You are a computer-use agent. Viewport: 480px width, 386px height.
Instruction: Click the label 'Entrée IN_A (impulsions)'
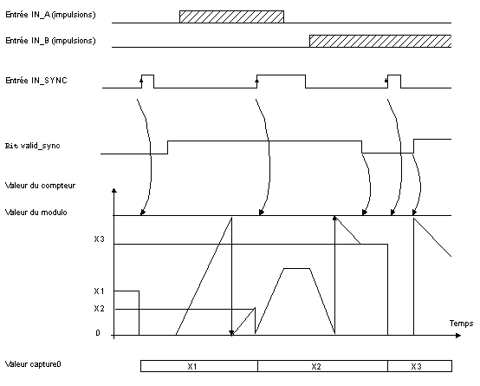point(50,15)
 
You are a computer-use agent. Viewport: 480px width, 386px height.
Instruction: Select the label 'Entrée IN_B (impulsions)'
point(50,41)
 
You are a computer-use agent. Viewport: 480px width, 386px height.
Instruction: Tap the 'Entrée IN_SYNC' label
point(36,81)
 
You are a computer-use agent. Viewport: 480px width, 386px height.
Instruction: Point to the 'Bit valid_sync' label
point(32,146)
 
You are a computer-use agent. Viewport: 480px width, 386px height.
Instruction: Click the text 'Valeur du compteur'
point(40,186)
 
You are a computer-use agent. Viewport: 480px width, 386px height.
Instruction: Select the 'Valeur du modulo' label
point(36,213)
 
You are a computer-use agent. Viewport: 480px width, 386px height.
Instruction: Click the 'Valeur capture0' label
point(33,364)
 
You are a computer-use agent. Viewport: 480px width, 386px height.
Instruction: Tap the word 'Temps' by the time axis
point(461,324)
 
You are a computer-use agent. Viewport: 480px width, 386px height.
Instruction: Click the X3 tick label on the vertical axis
point(99,239)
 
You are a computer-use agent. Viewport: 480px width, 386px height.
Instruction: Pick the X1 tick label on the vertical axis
point(99,291)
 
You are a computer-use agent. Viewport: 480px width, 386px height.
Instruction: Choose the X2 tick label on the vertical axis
point(99,309)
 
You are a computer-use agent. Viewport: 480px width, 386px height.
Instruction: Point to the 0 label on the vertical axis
point(98,332)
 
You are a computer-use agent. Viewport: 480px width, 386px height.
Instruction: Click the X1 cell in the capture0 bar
point(199,366)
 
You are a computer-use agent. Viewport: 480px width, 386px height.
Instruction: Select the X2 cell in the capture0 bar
point(322,366)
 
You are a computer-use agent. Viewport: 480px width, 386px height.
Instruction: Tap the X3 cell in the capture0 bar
point(419,366)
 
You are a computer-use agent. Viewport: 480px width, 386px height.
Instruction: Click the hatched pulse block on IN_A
point(231,16)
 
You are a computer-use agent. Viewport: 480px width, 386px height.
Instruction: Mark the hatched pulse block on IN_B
point(380,41)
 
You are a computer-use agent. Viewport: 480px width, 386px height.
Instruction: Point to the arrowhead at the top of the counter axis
point(114,190)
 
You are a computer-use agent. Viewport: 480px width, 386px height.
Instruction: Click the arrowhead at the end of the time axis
point(458,336)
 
